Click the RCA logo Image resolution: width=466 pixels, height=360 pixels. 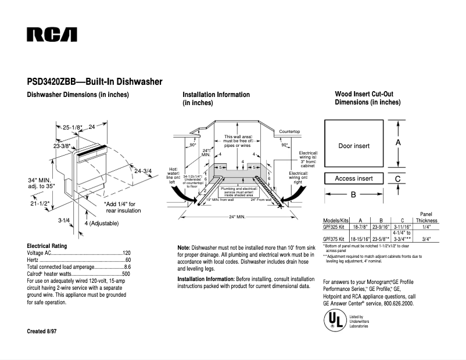pos(52,34)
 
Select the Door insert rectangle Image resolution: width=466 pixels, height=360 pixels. pos(354,145)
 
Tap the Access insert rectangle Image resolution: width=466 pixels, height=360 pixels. pos(354,178)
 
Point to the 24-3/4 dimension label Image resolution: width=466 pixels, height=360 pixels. pos(143,171)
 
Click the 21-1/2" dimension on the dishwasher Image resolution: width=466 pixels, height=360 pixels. pos(40,203)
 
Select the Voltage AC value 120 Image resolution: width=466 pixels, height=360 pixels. pos(126,253)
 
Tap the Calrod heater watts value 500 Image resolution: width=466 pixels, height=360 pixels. pos(126,273)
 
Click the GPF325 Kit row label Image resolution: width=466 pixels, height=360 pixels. pos(334,228)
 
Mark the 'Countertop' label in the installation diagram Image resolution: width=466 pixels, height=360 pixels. pos(289,132)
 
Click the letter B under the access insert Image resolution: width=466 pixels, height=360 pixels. pos(353,195)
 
